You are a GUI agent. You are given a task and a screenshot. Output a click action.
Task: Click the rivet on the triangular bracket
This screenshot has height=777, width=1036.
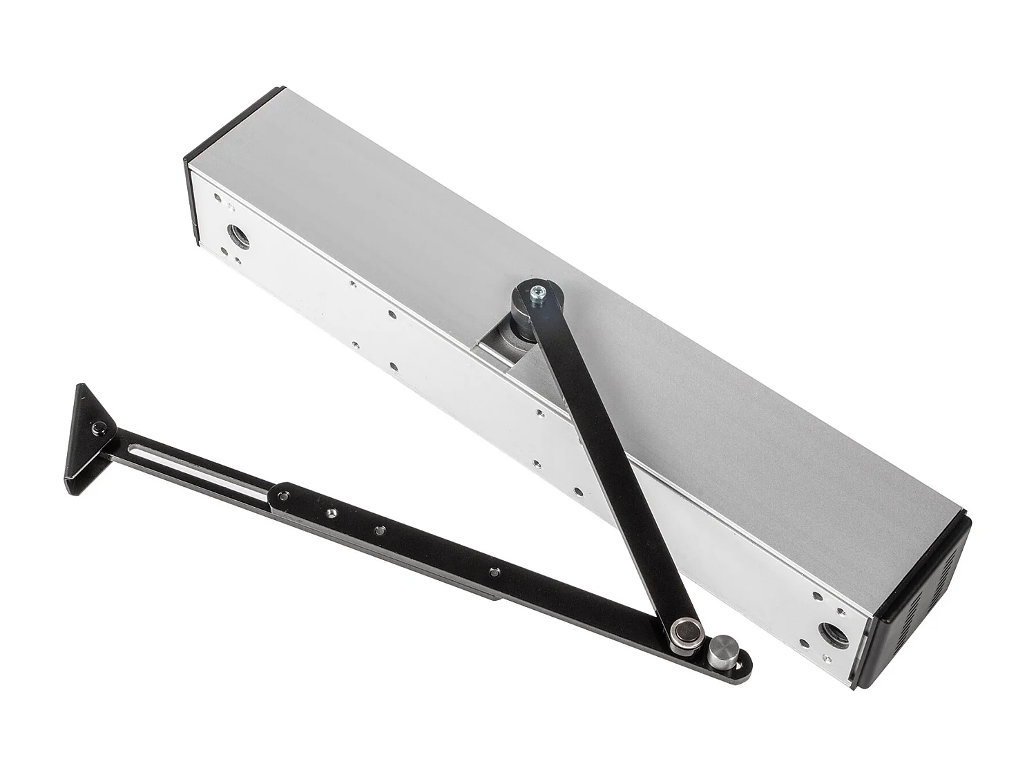coord(97,430)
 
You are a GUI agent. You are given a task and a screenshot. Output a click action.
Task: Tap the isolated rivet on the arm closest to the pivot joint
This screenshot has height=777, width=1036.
coord(492,573)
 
